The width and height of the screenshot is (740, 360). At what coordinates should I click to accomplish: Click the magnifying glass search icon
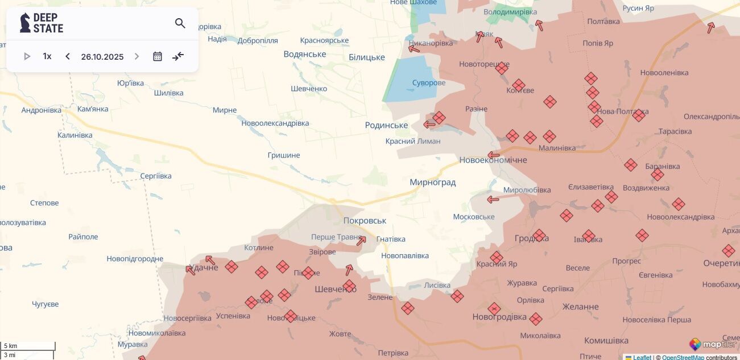180,23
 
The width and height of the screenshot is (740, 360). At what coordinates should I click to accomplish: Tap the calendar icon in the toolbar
158,56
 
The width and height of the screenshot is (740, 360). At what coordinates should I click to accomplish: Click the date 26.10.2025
102,57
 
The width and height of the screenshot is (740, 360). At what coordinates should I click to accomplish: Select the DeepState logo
42,23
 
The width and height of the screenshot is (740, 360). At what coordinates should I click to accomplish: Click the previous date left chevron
68,56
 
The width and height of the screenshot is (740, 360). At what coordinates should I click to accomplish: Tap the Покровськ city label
365,221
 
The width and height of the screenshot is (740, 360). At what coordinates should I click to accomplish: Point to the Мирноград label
432,183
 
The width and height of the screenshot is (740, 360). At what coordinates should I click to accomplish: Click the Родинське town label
386,125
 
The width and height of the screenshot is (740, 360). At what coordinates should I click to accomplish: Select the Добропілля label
258,40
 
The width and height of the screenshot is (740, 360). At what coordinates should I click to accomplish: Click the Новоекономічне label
493,160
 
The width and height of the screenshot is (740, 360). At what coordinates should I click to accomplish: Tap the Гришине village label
284,155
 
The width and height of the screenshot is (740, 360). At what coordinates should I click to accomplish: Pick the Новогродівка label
499,317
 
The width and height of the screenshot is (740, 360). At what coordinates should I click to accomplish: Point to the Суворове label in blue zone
428,83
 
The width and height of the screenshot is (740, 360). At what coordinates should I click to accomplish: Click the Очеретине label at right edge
721,263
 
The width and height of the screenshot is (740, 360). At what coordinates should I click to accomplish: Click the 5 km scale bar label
11,346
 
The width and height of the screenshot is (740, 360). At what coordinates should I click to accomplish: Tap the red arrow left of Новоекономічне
493,155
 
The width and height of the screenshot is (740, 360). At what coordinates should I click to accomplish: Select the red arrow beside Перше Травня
361,241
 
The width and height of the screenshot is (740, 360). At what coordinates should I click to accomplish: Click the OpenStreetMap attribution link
683,357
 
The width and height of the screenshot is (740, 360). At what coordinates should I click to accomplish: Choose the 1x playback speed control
47,56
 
